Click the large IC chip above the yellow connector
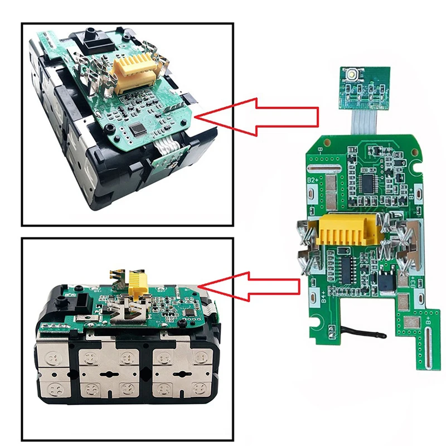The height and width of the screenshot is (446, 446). pyautogui.click(x=369, y=181)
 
